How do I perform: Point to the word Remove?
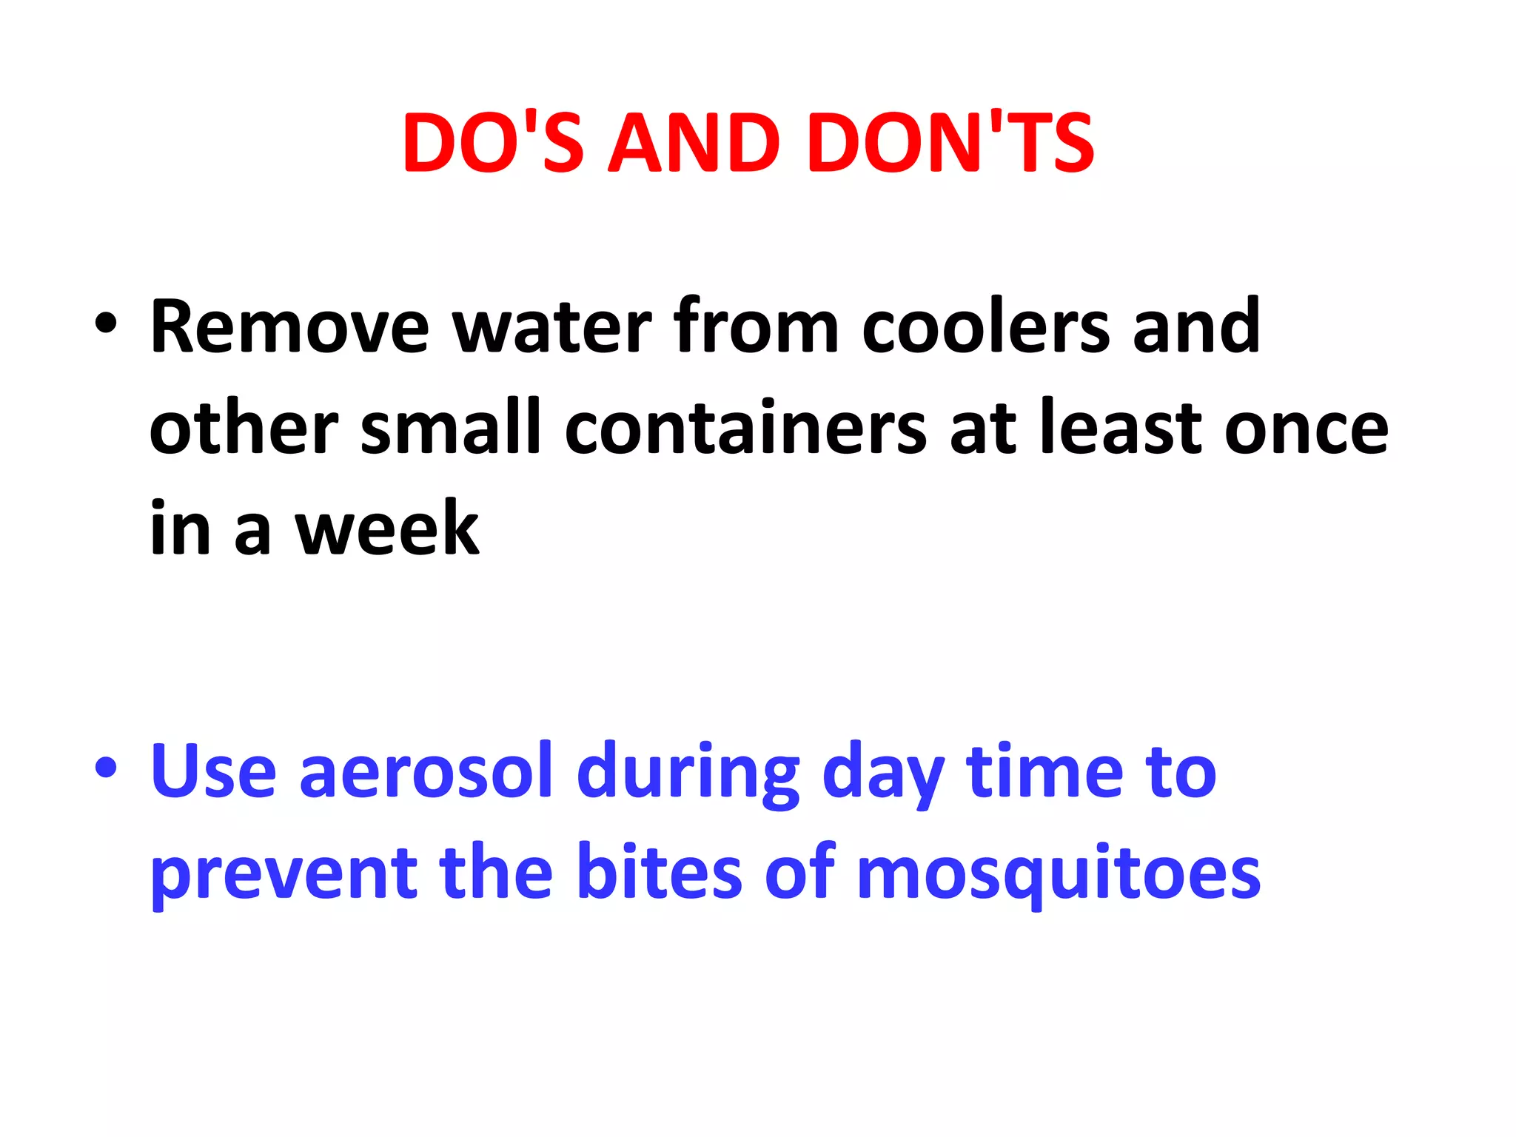[x=289, y=327]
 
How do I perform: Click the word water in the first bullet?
[x=551, y=327]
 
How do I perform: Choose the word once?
[x=1307, y=429]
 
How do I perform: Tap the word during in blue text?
[x=688, y=774]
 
